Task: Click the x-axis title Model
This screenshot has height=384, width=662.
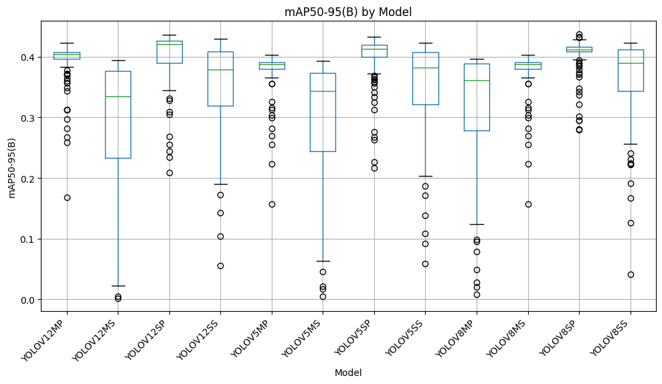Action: pos(348,373)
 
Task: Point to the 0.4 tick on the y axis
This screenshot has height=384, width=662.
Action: pos(28,58)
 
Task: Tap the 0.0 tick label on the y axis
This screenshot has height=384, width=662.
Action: pos(28,300)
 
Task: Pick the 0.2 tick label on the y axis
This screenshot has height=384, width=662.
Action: pos(28,179)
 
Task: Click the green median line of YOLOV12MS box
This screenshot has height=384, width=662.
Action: pos(118,96)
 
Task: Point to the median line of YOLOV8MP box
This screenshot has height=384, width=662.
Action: pos(477,80)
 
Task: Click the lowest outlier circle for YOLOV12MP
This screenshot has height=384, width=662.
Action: pos(67,197)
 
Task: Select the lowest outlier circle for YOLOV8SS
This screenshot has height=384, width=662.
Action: pos(631,274)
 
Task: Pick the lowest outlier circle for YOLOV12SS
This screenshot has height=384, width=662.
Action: pos(220,266)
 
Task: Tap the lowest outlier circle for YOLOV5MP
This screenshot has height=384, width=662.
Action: pos(272,204)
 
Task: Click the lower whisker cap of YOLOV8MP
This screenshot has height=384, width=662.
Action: pos(477,224)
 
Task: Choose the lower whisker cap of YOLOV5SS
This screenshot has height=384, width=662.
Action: pos(425,176)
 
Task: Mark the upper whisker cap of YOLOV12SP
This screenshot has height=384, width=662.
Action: pos(169,35)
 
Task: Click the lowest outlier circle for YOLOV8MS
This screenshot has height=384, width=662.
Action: pos(528,204)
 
